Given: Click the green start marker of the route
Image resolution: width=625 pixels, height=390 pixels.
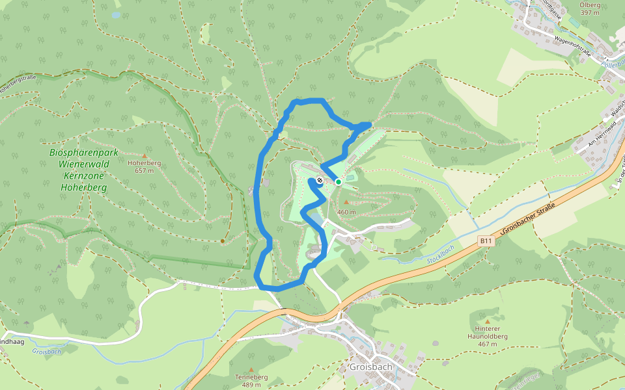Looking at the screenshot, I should [x=339, y=181].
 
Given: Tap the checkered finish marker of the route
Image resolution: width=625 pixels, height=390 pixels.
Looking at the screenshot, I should [x=320, y=180].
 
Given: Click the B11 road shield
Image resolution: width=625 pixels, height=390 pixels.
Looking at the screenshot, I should [x=485, y=241].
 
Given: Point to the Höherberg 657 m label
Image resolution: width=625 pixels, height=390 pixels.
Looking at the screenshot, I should [x=144, y=167].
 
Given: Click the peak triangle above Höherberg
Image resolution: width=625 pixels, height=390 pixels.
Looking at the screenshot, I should [x=144, y=156].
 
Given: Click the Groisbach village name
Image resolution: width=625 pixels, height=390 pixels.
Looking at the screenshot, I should [x=370, y=367].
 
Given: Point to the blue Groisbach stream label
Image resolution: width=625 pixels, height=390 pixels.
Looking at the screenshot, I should [x=46, y=352].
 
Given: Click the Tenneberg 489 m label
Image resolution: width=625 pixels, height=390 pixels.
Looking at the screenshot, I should [x=251, y=381].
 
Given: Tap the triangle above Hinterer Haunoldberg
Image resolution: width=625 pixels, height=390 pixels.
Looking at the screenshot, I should [x=488, y=320].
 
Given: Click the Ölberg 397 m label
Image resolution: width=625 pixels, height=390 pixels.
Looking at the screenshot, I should [x=589, y=8].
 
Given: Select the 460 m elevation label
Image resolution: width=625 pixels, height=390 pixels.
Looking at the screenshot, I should [x=346, y=212].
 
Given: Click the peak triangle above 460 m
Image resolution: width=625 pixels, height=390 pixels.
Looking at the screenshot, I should [x=346, y=202].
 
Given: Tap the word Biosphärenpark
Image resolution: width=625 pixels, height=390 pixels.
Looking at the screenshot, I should [x=83, y=152].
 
